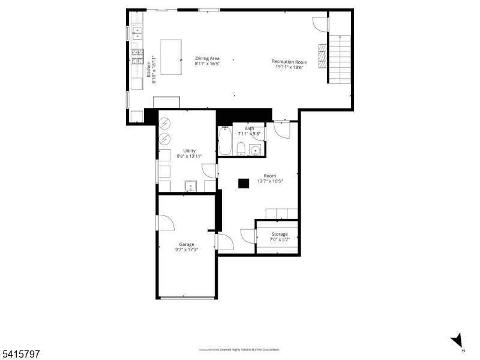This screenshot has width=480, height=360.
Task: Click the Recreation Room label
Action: click(x=289, y=61)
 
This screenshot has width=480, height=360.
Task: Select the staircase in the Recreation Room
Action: click(x=340, y=59)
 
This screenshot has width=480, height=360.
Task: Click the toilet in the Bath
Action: click(x=240, y=149)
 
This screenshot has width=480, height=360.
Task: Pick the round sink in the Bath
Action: click(x=255, y=150)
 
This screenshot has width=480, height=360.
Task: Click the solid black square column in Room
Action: click(x=243, y=184)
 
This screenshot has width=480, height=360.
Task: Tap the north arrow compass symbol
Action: click(x=458, y=341)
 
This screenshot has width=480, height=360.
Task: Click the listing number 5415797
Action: click(x=20, y=355)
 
